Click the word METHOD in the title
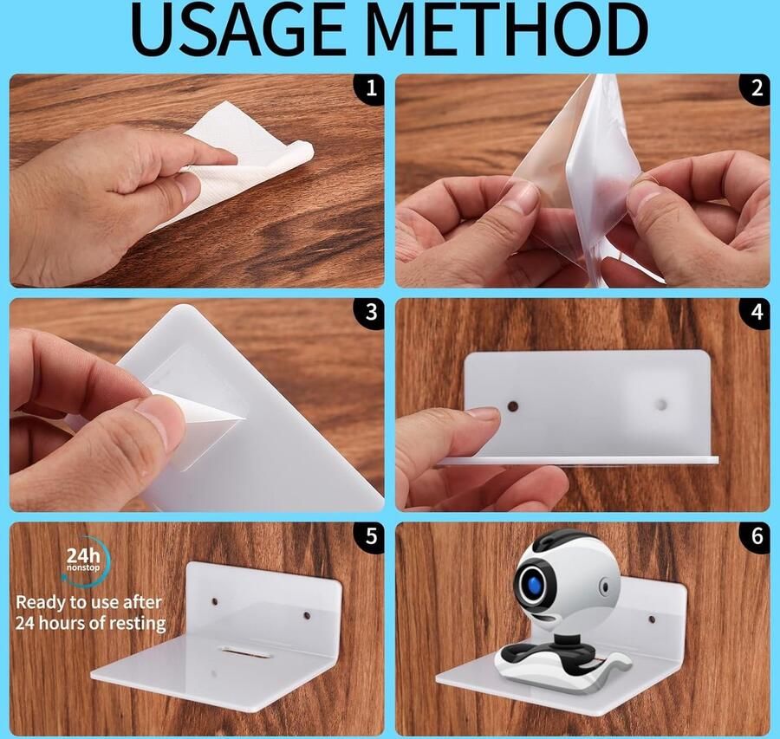tap(510, 29)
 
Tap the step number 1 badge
tap(370, 88)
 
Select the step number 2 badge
tap(756, 88)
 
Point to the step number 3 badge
tap(370, 313)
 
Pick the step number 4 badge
tap(756, 313)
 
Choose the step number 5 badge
tap(370, 536)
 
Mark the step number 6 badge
tap(756, 536)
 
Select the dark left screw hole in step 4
tap(513, 407)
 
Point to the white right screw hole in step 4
tap(662, 405)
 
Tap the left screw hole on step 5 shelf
tap(216, 602)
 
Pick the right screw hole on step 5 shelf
tap(307, 616)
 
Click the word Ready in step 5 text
tap(42, 603)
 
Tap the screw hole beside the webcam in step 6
tap(651, 620)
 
